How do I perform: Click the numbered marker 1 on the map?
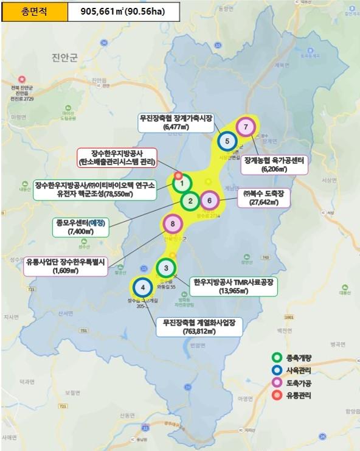pos(182,183)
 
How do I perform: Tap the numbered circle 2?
pos(190,201)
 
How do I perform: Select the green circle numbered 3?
pos(166,268)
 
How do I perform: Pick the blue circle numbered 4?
pos(142,287)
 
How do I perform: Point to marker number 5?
pos(227,141)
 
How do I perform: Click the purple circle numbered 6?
pos(209,200)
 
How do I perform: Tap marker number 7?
pos(245,127)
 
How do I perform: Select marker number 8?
pos(173,225)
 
